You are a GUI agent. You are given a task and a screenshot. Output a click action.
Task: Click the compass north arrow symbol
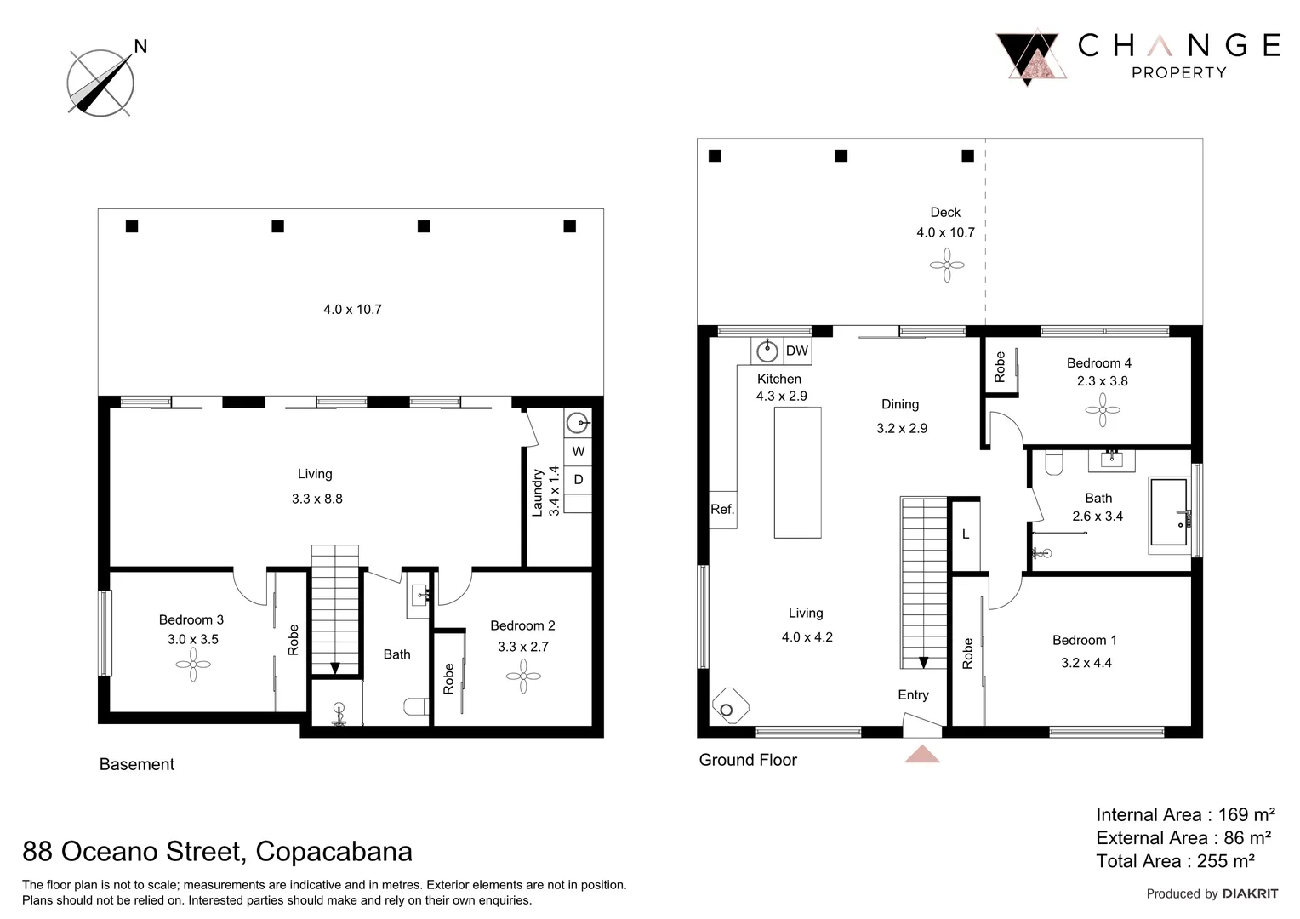click(x=100, y=83)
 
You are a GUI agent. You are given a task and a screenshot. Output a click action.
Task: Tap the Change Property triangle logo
click(x=1031, y=58)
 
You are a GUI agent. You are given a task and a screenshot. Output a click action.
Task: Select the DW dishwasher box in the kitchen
click(x=796, y=351)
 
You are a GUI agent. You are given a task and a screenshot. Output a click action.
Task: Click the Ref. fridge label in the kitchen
click(x=722, y=510)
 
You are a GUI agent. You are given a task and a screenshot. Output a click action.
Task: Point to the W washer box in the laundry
click(x=579, y=451)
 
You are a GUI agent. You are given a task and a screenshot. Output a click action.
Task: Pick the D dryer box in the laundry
click(x=579, y=480)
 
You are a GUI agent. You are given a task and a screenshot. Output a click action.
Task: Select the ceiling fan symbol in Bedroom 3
click(x=193, y=664)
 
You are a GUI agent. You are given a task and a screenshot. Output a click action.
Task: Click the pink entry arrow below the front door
click(x=921, y=754)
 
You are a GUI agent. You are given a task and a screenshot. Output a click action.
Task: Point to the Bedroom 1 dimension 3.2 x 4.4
click(x=1086, y=663)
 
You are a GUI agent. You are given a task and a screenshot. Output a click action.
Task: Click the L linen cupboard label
click(x=966, y=534)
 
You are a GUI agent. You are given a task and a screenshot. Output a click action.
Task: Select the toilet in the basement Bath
click(x=416, y=706)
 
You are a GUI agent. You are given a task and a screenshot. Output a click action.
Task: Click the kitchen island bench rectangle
click(x=797, y=472)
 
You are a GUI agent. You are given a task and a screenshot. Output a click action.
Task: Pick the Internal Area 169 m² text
click(x=1184, y=814)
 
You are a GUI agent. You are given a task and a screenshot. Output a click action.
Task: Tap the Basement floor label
click(x=137, y=764)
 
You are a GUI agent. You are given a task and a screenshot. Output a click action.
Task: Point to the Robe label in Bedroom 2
click(x=448, y=678)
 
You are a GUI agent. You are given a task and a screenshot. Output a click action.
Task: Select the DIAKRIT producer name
click(x=1249, y=893)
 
